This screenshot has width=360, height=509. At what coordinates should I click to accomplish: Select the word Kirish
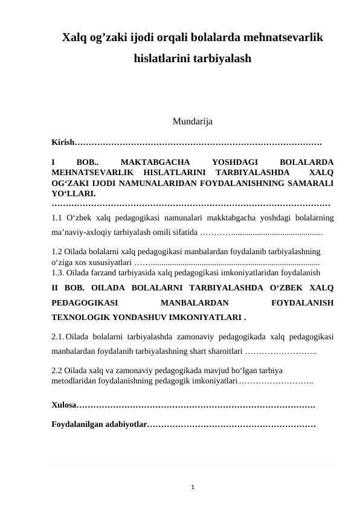pyautogui.click(x=62, y=143)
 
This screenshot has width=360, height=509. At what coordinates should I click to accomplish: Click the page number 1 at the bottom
pyautogui.click(x=191, y=484)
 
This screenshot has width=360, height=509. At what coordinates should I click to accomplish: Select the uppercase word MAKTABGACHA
pyautogui.click(x=155, y=162)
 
